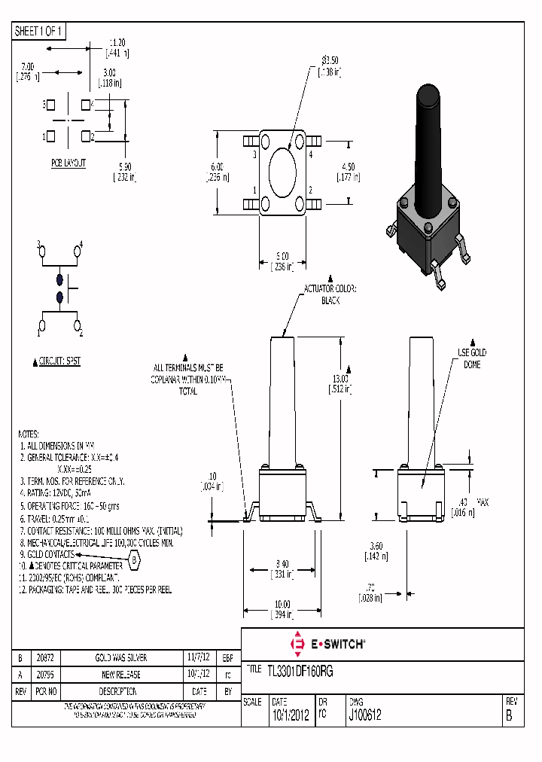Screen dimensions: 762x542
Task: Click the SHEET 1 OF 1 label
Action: point(40,31)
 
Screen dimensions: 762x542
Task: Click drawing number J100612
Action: point(365,716)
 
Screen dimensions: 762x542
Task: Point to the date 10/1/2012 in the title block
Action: point(290,716)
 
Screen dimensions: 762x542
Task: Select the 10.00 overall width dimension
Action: point(283,603)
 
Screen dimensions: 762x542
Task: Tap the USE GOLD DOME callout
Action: point(473,358)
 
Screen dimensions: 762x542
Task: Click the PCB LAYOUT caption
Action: point(69,163)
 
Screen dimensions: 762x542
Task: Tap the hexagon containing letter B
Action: point(135,560)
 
